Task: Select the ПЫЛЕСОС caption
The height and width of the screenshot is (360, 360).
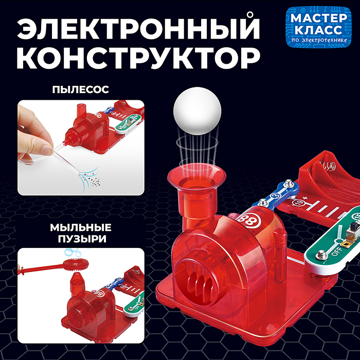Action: coord(80,89)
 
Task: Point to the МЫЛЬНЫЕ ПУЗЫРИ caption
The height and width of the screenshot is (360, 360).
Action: coord(81,232)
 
